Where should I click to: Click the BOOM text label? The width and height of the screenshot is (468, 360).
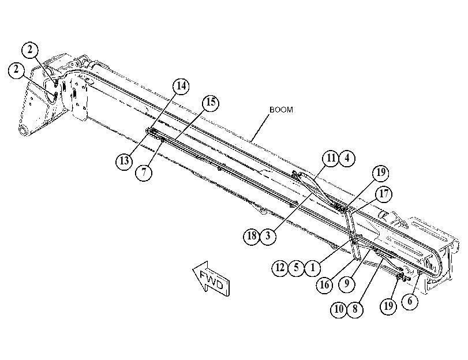281,110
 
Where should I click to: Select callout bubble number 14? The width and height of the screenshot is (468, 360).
181,86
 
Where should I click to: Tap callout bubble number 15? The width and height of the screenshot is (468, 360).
211,103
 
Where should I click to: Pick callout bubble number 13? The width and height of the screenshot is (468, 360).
124,162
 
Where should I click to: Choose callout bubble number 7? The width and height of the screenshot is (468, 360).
144,172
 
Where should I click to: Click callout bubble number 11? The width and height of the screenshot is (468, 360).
331,158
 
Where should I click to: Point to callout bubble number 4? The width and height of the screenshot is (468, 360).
347,158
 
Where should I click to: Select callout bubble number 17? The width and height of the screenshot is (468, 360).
384,194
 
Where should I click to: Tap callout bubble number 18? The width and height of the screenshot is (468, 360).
252,236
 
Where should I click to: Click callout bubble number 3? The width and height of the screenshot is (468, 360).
268,236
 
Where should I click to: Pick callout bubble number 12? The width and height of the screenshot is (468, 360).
280,268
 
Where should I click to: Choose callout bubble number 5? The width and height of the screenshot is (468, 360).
296,268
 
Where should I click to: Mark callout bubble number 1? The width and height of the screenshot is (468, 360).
313,268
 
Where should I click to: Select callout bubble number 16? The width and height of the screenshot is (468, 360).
324,285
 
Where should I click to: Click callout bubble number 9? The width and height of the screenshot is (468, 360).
347,283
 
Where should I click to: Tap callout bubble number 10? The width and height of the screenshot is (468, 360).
339,309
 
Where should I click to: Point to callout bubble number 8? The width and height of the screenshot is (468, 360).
355,309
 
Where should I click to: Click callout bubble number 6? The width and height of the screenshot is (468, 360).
410,302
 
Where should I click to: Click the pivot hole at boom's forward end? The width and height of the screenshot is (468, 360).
23,131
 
